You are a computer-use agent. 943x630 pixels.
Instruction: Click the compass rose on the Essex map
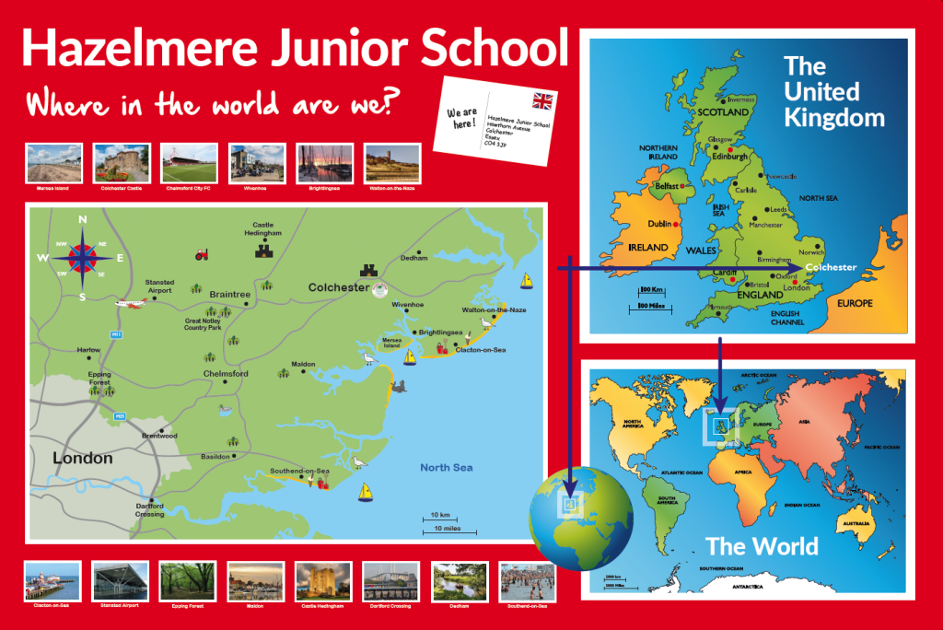pos(82,258)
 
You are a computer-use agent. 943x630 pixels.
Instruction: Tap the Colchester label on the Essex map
pos(339,287)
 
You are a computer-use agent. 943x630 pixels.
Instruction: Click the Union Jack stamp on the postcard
pos(543,100)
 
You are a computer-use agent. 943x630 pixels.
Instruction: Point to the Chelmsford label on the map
pos(226,374)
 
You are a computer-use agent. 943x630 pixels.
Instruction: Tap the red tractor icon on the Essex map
pos(201,255)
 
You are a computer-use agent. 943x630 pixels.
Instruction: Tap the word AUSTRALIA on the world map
pos(848,526)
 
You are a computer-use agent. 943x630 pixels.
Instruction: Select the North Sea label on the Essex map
pos(447,468)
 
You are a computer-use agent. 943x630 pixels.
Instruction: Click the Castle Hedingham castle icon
pos(267,250)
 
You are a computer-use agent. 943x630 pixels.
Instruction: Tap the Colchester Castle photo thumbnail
pos(122,162)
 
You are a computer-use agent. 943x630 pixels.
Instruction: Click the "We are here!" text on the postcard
pos(462,118)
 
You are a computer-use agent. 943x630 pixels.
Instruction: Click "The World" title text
pos(762,546)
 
